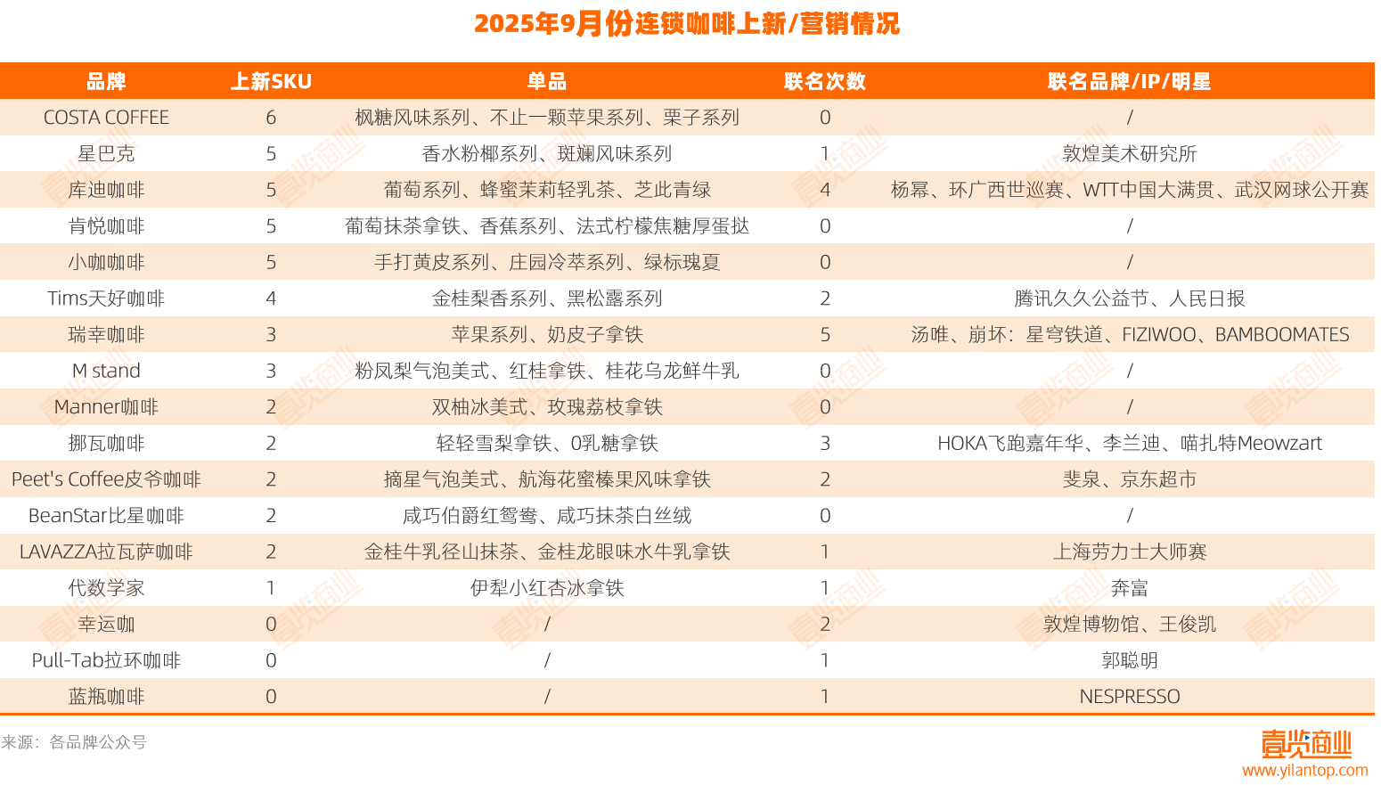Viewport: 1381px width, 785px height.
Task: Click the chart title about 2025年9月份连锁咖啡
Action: (687, 24)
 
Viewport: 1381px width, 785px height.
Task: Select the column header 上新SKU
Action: (271, 81)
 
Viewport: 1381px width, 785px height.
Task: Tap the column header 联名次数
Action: (825, 81)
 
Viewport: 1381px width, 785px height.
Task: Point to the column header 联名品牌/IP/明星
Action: (1129, 81)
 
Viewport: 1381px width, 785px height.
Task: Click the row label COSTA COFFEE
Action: (106, 117)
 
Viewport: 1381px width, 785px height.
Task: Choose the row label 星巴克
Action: (106, 153)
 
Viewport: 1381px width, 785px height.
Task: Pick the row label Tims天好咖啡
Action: (106, 298)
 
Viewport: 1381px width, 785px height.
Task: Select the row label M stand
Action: (106, 371)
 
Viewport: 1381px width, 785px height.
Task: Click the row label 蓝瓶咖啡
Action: (106, 697)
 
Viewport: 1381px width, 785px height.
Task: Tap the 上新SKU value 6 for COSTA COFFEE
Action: (271, 117)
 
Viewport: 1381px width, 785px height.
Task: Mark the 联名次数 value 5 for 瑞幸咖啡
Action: (825, 335)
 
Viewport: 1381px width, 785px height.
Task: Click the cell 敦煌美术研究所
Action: (1129, 153)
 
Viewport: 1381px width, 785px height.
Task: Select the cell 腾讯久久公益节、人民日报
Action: (1129, 298)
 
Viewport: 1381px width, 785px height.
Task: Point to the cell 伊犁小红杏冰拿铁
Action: (547, 588)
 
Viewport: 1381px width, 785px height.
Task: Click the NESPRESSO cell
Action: (1130, 697)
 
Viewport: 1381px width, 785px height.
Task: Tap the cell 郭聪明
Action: (1129, 660)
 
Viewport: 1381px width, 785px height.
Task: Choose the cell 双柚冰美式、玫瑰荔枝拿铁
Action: (547, 407)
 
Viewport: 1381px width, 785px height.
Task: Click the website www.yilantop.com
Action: (1304, 770)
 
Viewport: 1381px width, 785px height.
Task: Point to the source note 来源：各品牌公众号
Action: (74, 742)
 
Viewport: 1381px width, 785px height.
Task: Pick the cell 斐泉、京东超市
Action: (1129, 479)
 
